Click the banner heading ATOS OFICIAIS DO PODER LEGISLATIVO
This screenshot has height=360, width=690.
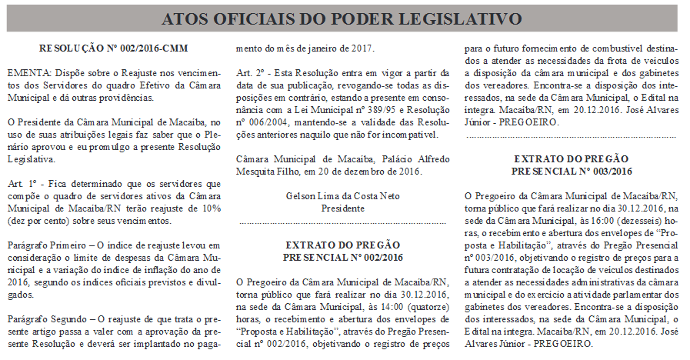345,18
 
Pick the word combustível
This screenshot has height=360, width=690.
620,48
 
